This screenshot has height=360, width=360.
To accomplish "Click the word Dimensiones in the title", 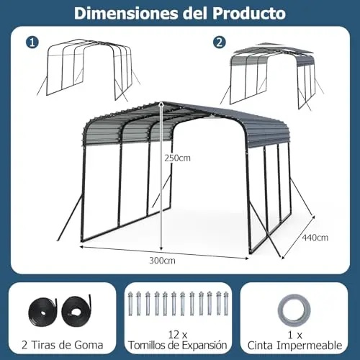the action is (127, 14).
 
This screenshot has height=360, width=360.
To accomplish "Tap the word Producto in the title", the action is (249, 14).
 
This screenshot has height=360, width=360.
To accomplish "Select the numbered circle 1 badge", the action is (32, 42).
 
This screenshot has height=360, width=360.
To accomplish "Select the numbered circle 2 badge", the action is (219, 42).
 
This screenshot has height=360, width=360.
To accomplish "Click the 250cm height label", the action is (177, 158).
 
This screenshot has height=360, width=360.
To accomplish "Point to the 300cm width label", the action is (162, 261).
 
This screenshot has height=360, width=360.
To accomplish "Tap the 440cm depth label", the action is (315, 238).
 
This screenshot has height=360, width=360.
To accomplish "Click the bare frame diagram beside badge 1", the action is (89, 70).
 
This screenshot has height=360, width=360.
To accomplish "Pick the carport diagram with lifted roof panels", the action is (271, 76).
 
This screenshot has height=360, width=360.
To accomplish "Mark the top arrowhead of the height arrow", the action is (161, 104).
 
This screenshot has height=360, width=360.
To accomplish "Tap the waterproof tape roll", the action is (294, 310).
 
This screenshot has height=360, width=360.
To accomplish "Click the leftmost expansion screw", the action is (130, 304).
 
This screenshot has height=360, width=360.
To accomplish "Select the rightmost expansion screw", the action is (226, 304).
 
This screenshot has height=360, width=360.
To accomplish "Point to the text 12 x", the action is (178, 335).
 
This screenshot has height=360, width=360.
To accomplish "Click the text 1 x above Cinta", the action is (295, 335).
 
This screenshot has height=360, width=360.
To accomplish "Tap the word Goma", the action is (89, 345).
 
